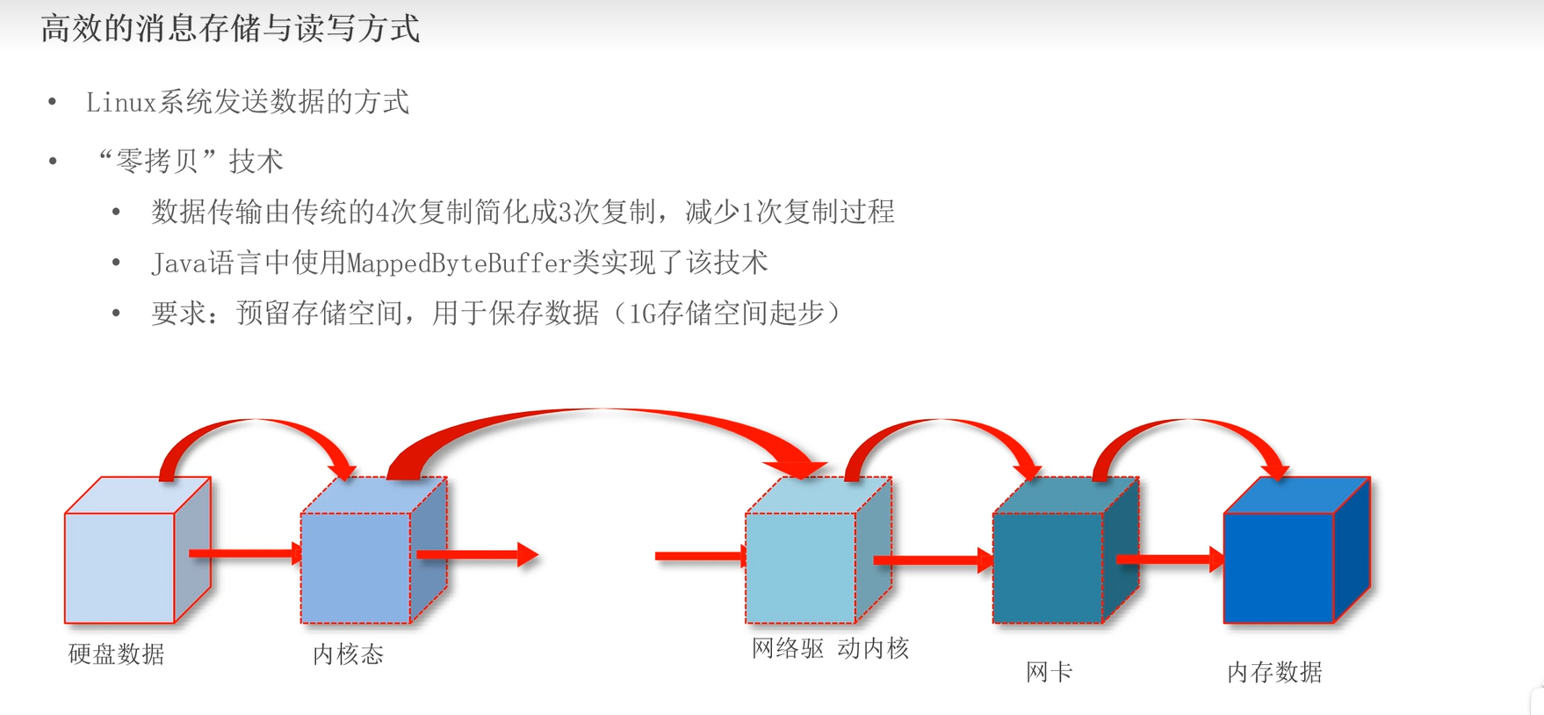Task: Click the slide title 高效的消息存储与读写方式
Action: tap(230, 29)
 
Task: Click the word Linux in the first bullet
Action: tap(120, 103)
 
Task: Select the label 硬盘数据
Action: tap(116, 654)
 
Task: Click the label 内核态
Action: tap(348, 654)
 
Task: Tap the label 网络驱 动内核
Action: tap(830, 649)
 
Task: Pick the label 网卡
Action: tap(1049, 673)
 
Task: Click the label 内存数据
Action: tap(1273, 673)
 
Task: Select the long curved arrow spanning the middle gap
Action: tap(606, 417)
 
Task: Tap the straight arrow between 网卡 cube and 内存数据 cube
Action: tap(1168, 559)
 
